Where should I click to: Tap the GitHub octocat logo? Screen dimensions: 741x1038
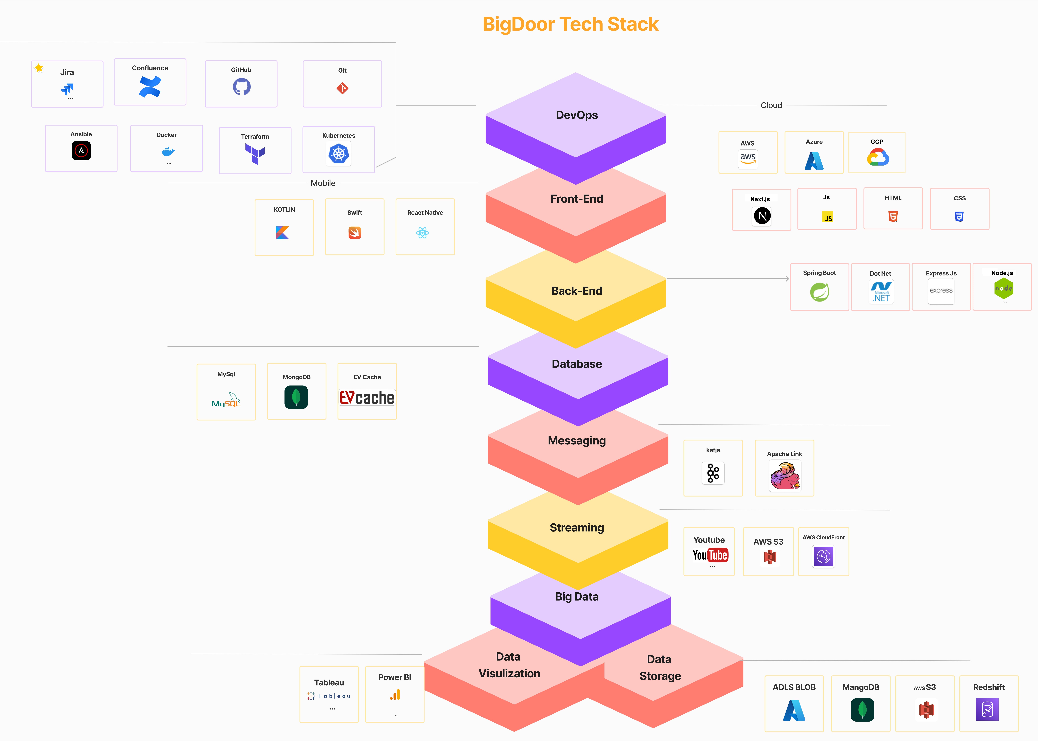241,86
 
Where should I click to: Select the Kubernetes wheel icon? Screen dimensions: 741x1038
339,154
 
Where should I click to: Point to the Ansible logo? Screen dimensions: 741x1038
81,151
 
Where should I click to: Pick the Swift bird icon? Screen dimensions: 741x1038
355,233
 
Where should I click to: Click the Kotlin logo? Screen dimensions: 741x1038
283,233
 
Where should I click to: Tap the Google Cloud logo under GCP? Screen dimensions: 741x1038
877,158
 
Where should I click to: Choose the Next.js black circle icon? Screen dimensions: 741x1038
762,216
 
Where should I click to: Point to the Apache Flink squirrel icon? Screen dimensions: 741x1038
785,476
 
